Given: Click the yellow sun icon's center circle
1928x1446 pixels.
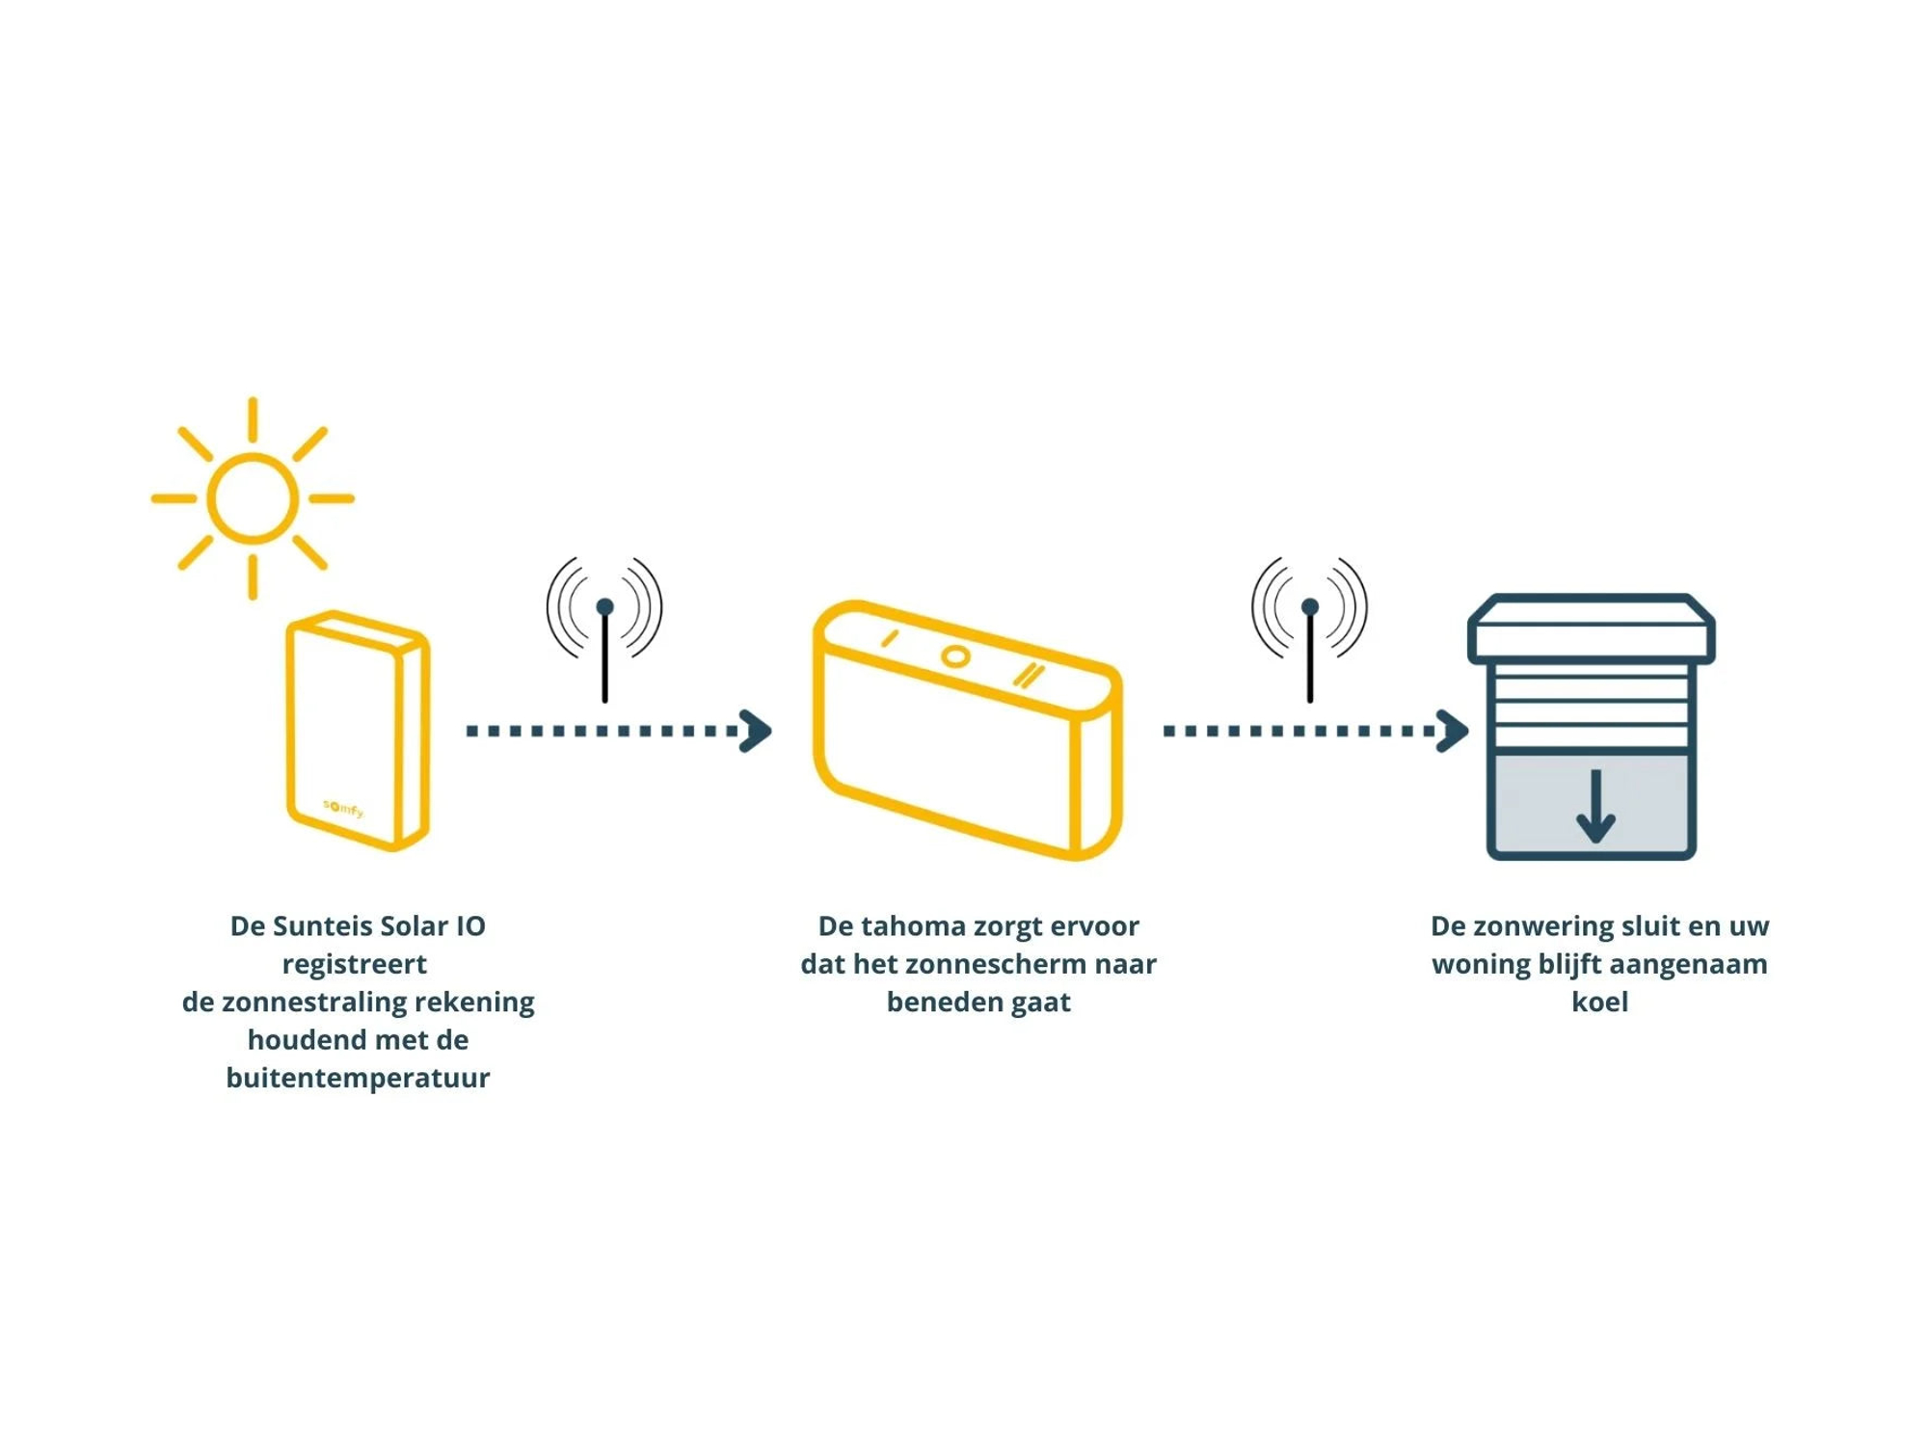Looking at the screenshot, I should [x=253, y=498].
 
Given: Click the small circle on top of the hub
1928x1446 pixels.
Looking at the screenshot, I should [x=955, y=657].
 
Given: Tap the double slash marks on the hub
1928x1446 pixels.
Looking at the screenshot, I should [x=1029, y=675].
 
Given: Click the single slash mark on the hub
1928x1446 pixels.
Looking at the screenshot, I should [x=890, y=638].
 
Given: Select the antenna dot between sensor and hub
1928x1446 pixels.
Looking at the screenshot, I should [x=604, y=606].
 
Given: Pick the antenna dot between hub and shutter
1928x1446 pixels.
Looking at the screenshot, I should [x=1309, y=606].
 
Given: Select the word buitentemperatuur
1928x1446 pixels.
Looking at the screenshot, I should [x=358, y=1078].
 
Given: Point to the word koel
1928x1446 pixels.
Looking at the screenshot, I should [x=1599, y=1002].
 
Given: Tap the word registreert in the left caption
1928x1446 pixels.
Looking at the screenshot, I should [x=354, y=964].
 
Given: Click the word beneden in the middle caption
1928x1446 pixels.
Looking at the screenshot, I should [x=943, y=1002].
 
